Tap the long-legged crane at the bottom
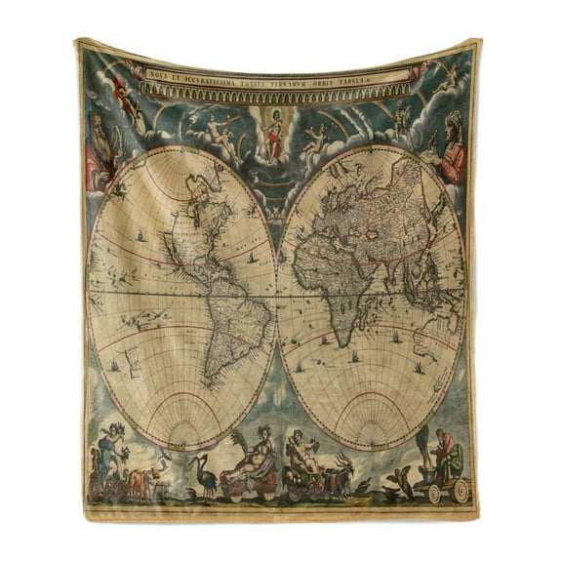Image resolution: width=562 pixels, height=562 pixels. pyautogui.click(x=204, y=472)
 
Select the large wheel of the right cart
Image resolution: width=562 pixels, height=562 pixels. pyautogui.click(x=460, y=489)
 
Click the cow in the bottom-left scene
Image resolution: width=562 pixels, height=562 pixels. pyautogui.click(x=144, y=479)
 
